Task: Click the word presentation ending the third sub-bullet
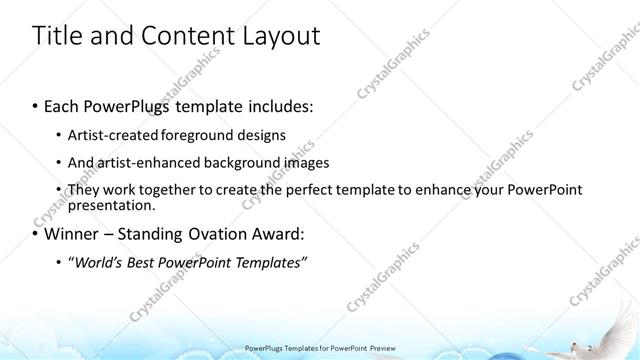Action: [x=110, y=206]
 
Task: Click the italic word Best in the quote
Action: [x=145, y=263]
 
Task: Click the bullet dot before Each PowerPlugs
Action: [x=36, y=105]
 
